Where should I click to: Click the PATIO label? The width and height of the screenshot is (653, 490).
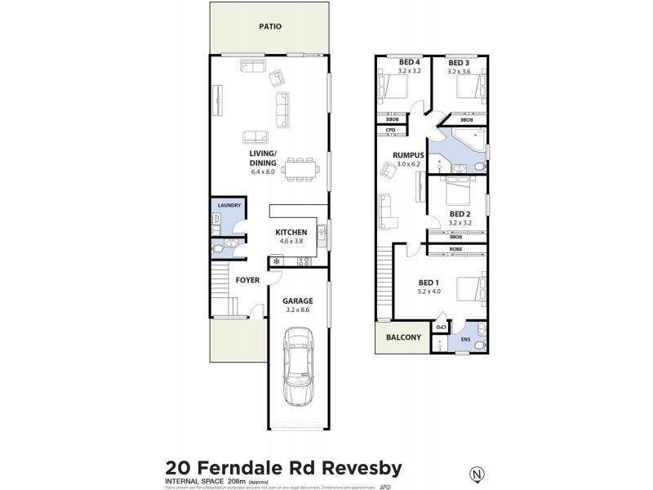tap(269, 26)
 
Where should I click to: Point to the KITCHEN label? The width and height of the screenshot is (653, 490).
tap(291, 232)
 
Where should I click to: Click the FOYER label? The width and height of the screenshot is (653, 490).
tap(247, 279)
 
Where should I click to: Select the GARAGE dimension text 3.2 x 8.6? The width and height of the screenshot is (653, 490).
tap(297, 310)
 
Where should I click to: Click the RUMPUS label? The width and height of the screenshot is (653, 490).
tap(407, 155)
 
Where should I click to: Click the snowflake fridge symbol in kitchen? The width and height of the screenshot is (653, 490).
tap(276, 262)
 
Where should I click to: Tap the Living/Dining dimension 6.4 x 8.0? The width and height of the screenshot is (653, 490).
tap(264, 171)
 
